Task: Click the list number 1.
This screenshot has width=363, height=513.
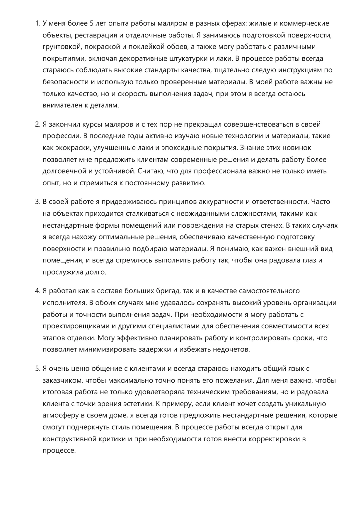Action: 37,23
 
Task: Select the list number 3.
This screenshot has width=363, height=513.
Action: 37,202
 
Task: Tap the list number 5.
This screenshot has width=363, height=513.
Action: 37,369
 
